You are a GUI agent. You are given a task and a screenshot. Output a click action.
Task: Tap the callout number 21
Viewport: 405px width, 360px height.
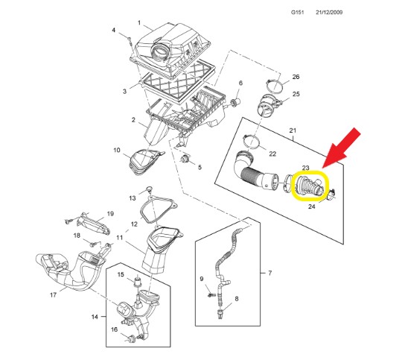293,130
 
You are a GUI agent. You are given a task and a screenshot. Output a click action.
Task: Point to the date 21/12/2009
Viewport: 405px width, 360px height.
329,12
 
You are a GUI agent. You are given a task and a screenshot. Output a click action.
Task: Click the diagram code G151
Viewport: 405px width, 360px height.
297,12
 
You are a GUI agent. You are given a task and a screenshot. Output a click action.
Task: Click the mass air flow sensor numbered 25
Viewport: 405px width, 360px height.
269,105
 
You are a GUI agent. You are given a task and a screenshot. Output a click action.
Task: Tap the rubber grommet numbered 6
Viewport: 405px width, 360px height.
235,102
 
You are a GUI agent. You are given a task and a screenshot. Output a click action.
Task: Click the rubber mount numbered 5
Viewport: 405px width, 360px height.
185,159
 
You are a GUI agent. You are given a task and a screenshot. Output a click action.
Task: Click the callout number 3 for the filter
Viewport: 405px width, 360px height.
125,91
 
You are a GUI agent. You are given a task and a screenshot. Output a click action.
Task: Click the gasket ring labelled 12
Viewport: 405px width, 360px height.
159,209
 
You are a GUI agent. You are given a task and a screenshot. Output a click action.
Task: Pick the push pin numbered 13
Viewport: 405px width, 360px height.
148,189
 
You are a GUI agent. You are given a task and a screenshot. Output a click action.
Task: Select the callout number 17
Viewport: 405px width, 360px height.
53,295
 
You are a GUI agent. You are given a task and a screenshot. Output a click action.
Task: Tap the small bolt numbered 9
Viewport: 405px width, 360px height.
211,294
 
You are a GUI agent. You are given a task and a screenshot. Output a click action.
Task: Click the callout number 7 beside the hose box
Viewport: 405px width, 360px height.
270,273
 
